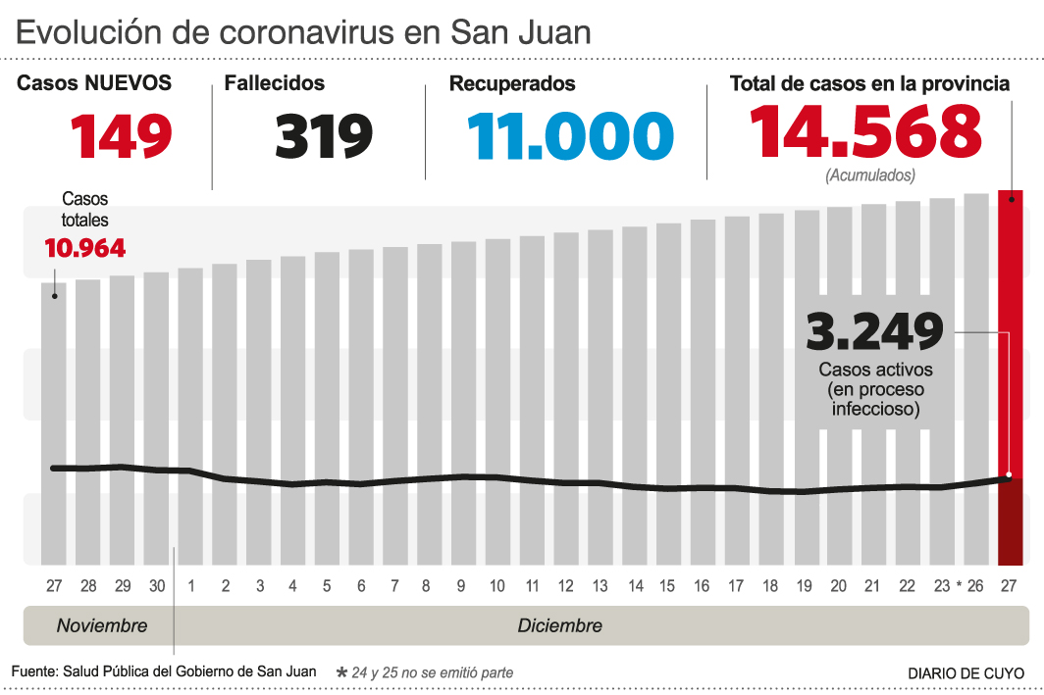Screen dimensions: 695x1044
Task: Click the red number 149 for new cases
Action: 122,135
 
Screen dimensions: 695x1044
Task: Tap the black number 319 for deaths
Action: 324,135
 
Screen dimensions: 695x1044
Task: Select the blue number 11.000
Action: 570,135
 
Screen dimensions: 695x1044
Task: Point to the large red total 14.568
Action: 865,132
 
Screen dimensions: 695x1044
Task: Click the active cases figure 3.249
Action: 874,332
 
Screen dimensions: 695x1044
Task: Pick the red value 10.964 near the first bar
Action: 85,248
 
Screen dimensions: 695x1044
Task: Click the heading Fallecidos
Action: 274,83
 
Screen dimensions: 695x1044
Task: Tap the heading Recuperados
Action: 512,83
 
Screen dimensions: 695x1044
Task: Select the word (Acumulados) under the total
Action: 870,175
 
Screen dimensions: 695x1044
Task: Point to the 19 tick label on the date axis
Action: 804,586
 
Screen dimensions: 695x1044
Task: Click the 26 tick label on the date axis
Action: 974,586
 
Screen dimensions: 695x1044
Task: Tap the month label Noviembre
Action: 102,625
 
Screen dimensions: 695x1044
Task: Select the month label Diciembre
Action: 559,625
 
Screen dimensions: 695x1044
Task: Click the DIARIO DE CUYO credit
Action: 966,673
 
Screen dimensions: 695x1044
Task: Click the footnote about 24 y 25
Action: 424,672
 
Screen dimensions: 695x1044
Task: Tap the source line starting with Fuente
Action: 164,671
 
